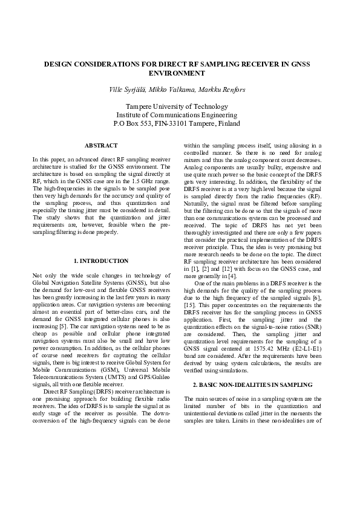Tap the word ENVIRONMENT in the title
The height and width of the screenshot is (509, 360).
pyautogui.click(x=180, y=73)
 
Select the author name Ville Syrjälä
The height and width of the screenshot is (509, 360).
pyautogui.click(x=128, y=89)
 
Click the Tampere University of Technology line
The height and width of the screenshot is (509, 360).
pyautogui.click(x=180, y=106)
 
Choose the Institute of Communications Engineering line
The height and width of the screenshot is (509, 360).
pyautogui.click(x=180, y=114)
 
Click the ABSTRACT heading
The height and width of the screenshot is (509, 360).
pyautogui.click(x=101, y=146)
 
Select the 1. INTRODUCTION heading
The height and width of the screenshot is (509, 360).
pyautogui.click(x=101, y=261)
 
